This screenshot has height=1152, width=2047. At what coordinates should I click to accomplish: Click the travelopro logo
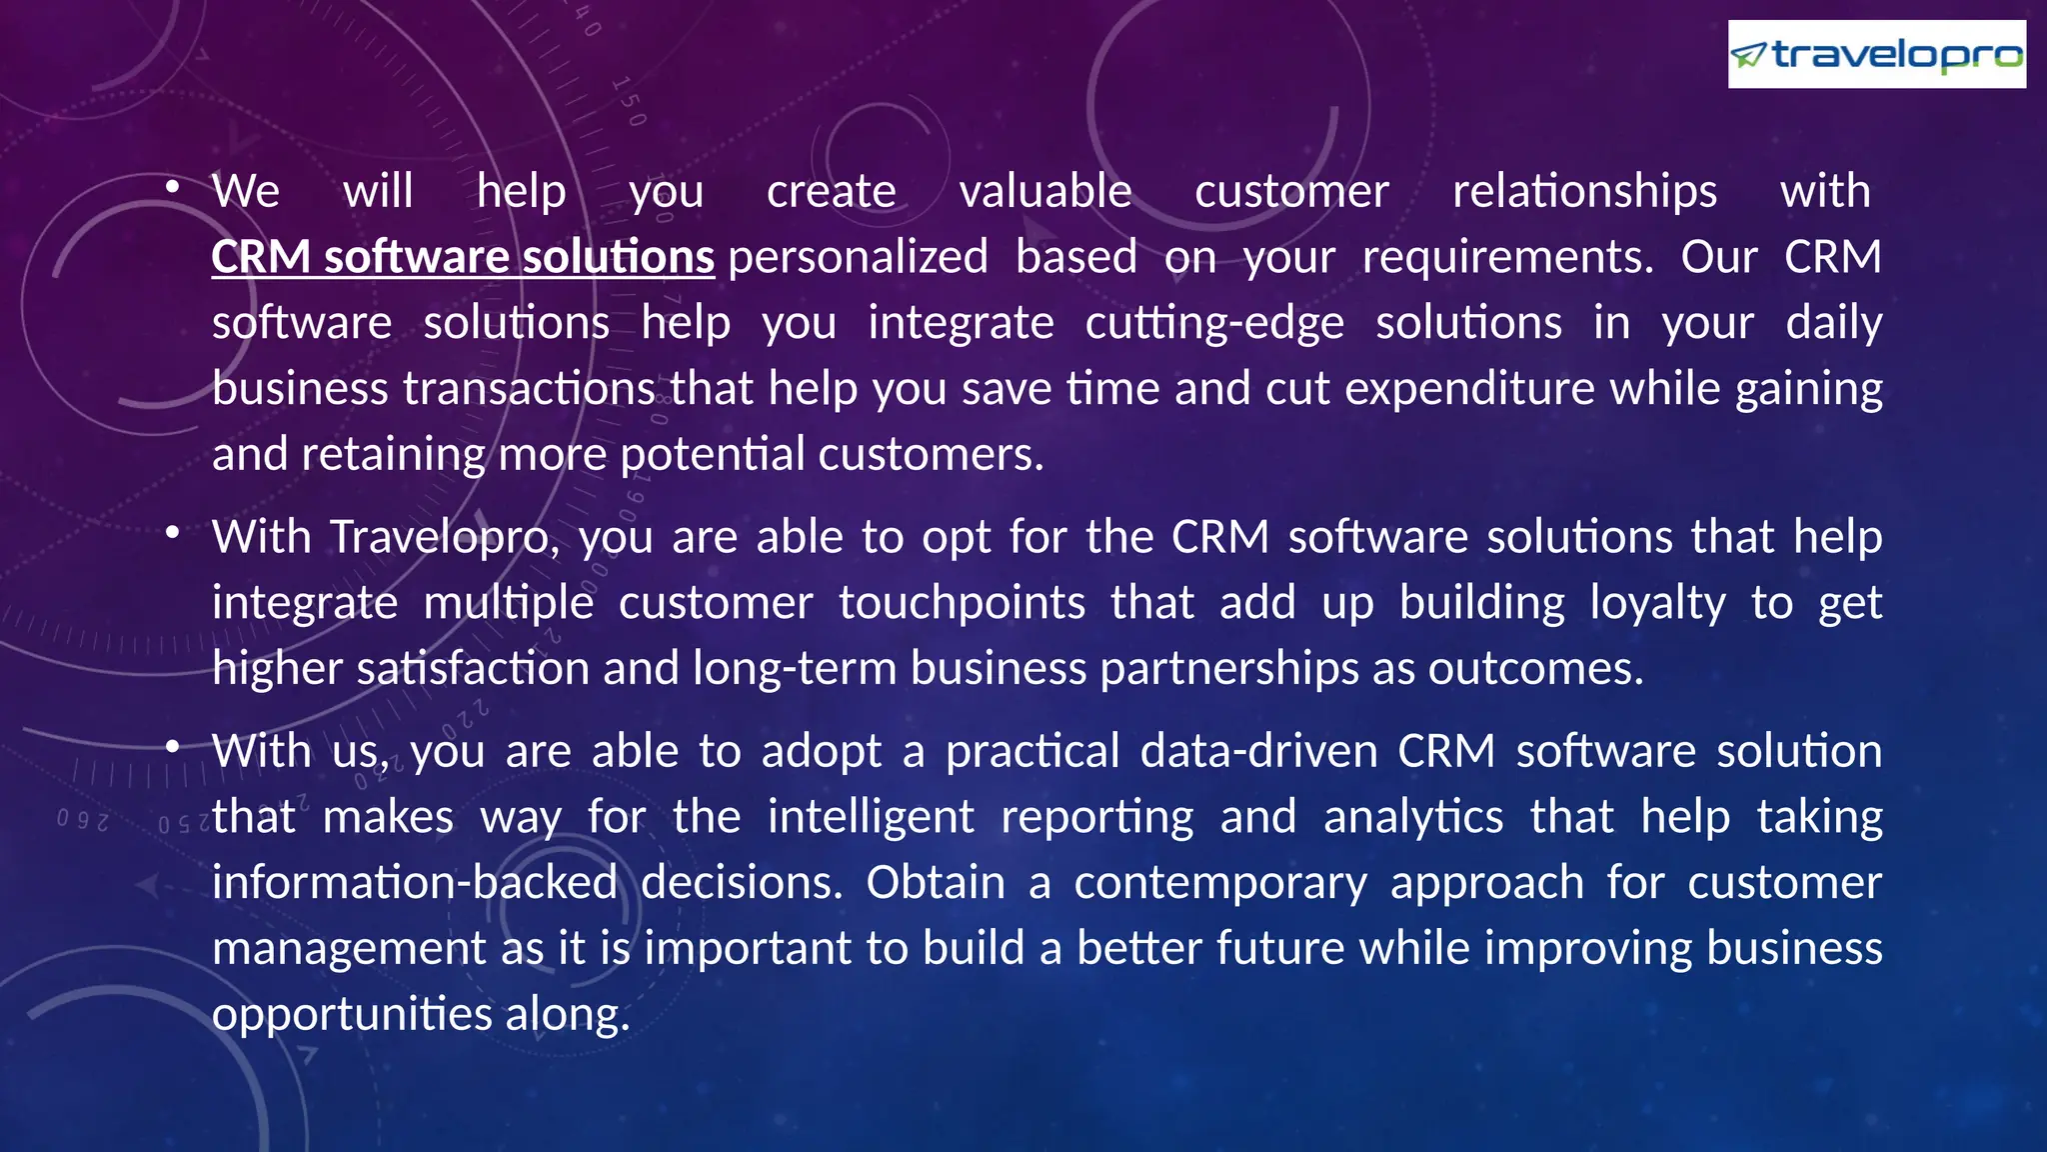tap(1876, 54)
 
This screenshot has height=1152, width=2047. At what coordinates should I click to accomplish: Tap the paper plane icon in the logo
tap(1749, 55)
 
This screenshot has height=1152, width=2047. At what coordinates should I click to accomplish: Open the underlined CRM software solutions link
tap(463, 257)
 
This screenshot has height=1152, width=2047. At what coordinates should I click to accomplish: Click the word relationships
tap(1584, 191)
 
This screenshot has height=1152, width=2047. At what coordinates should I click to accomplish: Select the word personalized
tap(858, 257)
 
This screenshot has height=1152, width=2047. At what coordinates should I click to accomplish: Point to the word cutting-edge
tap(1214, 323)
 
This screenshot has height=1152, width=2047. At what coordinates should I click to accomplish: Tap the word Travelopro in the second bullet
tap(441, 537)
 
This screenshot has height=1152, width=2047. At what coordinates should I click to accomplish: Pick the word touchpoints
tap(962, 603)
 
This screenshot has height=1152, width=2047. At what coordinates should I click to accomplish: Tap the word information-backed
tap(415, 882)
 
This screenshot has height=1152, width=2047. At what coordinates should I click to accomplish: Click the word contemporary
tap(1220, 882)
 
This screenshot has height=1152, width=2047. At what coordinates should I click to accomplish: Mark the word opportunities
tap(352, 1014)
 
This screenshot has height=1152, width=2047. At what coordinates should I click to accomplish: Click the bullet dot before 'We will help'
tap(173, 187)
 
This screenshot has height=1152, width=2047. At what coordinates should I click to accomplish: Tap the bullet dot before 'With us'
tap(173, 747)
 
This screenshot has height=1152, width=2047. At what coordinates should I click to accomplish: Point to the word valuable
tap(1045, 191)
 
